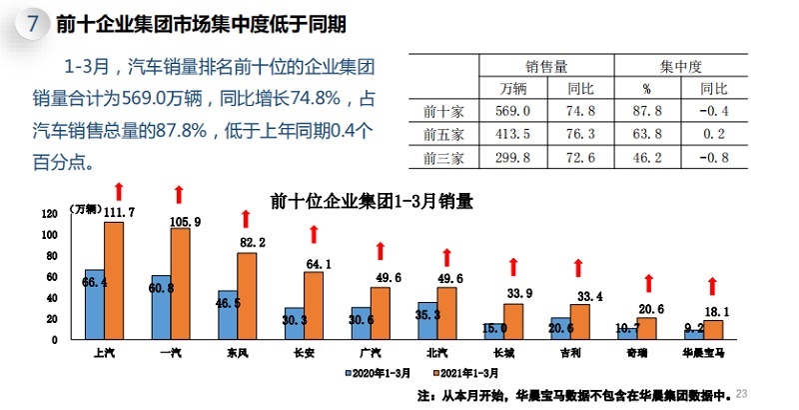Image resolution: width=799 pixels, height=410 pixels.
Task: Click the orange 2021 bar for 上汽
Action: [x=113, y=280]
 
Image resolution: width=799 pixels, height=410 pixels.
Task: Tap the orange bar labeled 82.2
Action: [x=246, y=296]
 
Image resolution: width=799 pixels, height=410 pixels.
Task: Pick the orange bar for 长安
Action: [x=313, y=305]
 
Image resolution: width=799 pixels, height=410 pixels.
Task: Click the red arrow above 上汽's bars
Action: [x=118, y=190]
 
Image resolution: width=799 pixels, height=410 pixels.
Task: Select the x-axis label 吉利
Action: [x=569, y=353]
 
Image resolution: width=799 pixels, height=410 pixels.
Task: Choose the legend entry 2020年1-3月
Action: [x=380, y=371]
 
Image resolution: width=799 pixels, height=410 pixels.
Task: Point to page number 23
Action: [x=741, y=392]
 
